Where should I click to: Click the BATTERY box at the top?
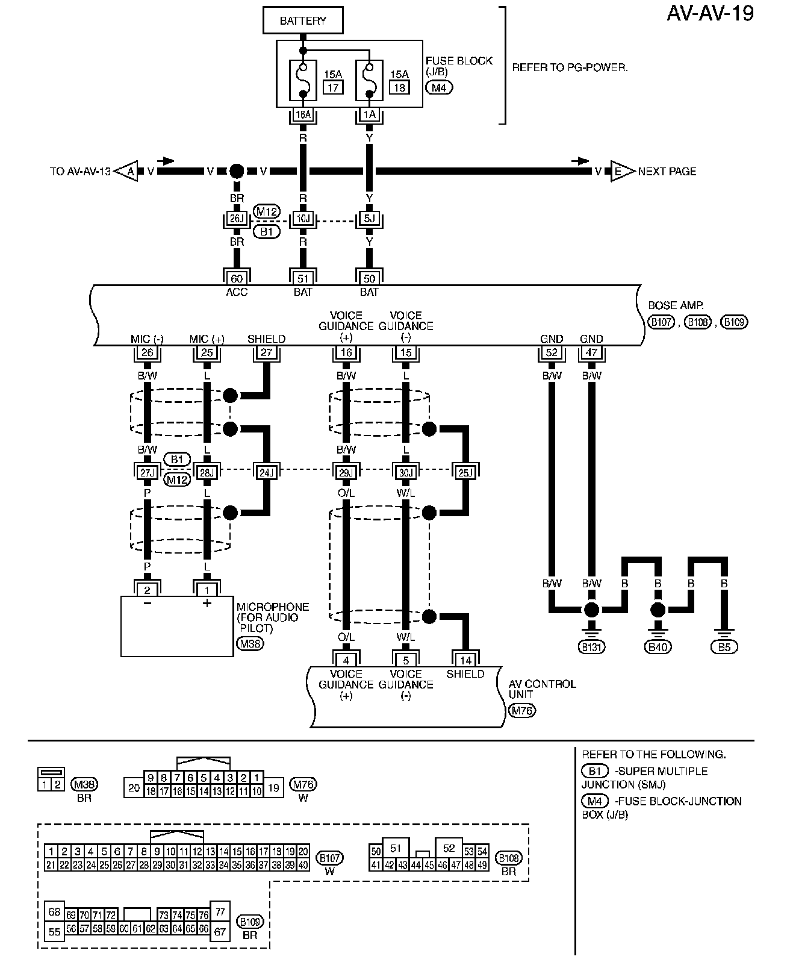point(303,20)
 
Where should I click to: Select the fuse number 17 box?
point(332,87)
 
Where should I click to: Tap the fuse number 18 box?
point(399,87)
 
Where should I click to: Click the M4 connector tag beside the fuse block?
point(439,87)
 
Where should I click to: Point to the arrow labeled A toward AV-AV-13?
point(128,172)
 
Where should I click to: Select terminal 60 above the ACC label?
point(237,278)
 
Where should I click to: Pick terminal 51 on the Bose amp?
point(303,278)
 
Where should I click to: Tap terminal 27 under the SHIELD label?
point(266,352)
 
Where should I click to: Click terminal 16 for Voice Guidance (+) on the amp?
point(346,352)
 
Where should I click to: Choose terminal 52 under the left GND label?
point(552,352)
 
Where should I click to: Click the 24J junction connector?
point(266,473)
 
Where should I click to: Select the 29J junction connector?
point(346,473)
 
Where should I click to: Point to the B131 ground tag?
point(591,647)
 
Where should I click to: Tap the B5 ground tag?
point(724,647)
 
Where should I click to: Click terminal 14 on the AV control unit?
point(465,660)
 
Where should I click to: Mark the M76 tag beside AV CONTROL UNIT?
point(521,711)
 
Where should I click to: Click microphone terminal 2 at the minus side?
point(147,590)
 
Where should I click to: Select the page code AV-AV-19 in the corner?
point(710,13)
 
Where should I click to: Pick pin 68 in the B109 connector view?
point(54,912)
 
